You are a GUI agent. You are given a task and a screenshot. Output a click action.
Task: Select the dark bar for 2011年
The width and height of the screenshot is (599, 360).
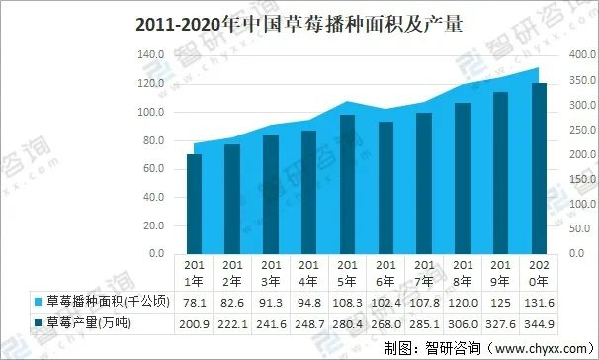pyautogui.click(x=195, y=204)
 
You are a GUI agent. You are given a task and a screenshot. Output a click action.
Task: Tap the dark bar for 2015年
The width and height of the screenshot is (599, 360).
pyautogui.click(x=346, y=184)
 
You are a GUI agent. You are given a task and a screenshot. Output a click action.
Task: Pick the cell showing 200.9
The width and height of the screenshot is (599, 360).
pyautogui.click(x=195, y=322)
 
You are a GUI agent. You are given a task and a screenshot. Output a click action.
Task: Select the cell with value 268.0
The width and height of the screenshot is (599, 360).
pyautogui.click(x=385, y=322)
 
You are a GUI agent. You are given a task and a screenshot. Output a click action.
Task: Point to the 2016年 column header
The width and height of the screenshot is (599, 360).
pyautogui.click(x=385, y=271)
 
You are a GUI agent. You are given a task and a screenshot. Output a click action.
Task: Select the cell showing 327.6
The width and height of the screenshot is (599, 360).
pyautogui.click(x=499, y=322)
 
